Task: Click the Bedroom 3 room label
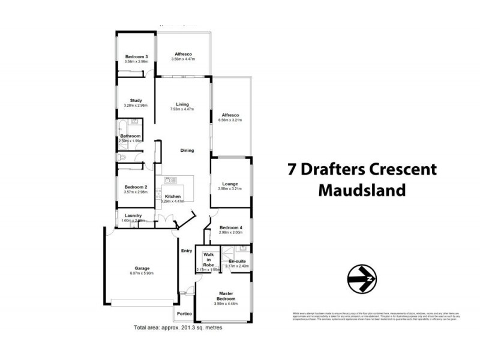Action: (128, 56)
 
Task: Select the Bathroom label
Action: (130, 136)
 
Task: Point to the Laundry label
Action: (133, 215)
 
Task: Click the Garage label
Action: (142, 268)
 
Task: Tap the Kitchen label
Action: (173, 197)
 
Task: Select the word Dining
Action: (188, 151)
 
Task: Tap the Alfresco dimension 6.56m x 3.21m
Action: (231, 120)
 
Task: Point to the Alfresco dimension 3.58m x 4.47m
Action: (183, 59)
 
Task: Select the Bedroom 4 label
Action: (231, 228)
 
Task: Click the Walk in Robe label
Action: (209, 259)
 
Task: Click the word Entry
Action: (187, 251)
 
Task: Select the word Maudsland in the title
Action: (361, 190)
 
